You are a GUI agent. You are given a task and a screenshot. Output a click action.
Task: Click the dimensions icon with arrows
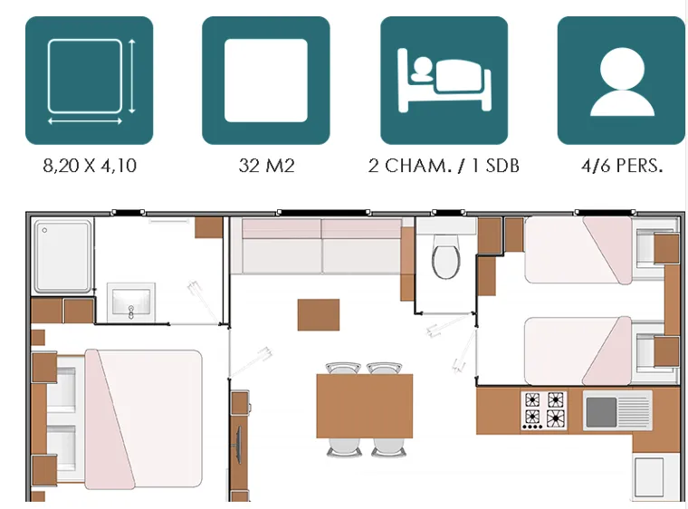click(89, 81)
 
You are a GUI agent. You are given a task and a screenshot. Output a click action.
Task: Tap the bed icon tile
click(444, 81)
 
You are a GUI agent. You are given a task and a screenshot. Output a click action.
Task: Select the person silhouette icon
click(620, 81)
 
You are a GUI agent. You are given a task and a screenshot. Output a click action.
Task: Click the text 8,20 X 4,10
click(90, 167)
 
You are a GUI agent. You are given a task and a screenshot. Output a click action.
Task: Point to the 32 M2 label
click(266, 167)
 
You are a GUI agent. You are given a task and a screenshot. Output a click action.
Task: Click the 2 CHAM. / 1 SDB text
click(444, 167)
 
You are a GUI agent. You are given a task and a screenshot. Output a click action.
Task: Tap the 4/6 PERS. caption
click(621, 167)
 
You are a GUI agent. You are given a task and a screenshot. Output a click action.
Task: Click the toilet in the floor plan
click(445, 256)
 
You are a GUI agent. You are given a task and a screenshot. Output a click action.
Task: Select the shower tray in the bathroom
click(63, 257)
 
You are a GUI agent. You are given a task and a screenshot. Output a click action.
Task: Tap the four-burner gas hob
click(543, 409)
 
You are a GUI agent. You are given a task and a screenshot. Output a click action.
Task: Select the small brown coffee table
click(319, 314)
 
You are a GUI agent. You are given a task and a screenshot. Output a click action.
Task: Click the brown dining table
click(364, 405)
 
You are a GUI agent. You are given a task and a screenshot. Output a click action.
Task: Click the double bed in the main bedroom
click(136, 417)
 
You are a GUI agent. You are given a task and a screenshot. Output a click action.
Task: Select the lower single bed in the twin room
click(579, 349)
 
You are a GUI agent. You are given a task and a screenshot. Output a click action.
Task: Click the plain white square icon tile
click(266, 81)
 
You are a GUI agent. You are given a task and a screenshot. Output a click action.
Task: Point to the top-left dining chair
click(341, 369)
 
